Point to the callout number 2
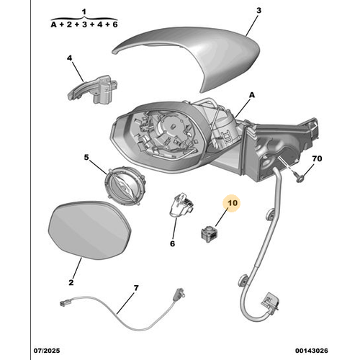coord(71,284)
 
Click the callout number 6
coord(173,243)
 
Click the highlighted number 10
coord(233,204)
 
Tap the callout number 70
coord(318,158)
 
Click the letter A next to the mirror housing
coord(252,95)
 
